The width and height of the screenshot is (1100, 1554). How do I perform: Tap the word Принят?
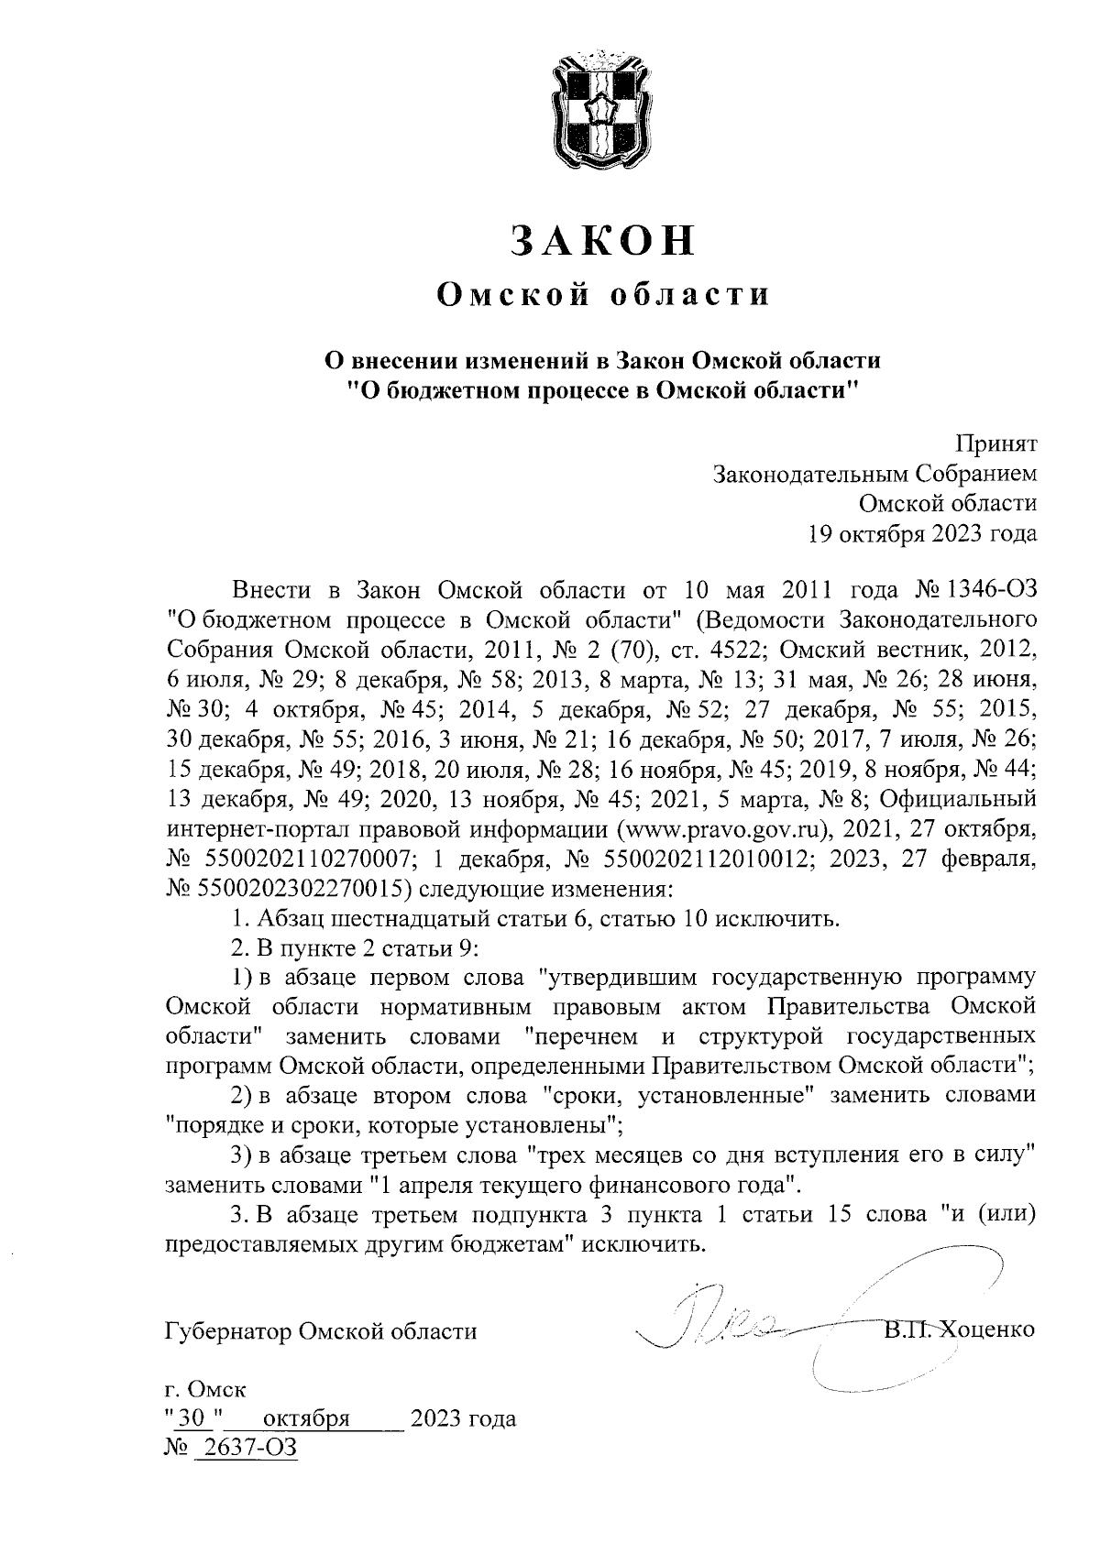996,444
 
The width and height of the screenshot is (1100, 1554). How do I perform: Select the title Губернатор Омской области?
321,1330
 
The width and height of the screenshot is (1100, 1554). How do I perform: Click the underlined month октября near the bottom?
306,1419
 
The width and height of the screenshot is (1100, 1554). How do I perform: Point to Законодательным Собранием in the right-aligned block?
875,474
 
